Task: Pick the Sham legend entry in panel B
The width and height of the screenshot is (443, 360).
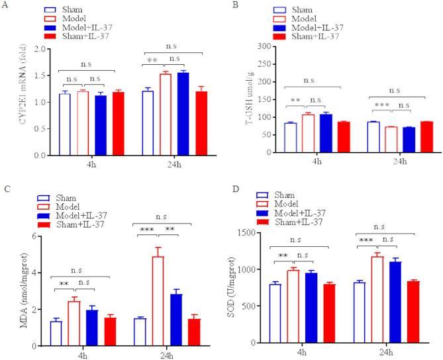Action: coord(311,10)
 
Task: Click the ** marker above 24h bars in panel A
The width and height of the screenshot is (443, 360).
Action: coord(152,61)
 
